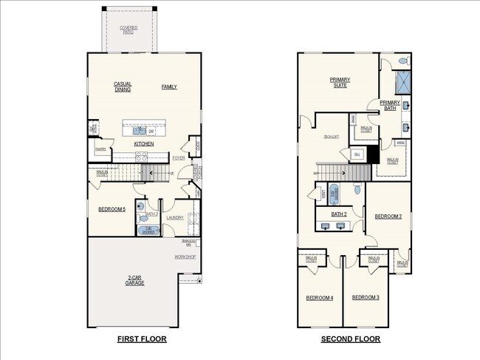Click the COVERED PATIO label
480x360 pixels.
(128, 30)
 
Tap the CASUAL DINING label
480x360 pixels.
(123, 87)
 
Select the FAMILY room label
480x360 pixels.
(169, 87)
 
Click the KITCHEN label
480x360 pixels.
(144, 143)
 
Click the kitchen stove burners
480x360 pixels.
(141, 157)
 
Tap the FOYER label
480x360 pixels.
(179, 157)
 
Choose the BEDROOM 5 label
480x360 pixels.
(112, 210)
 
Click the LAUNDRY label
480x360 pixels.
(174, 217)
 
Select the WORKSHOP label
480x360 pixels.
(185, 257)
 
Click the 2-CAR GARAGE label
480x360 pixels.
(134, 280)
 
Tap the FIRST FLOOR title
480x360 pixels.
(142, 339)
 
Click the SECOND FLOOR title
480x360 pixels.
(350, 339)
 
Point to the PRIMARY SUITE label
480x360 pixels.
(340, 82)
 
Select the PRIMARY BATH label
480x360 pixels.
(389, 106)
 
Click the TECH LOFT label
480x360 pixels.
(330, 137)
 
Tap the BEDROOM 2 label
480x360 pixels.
(388, 217)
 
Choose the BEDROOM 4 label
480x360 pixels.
(320, 298)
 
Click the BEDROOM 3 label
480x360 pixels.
(365, 297)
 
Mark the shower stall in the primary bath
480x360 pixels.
(403, 81)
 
